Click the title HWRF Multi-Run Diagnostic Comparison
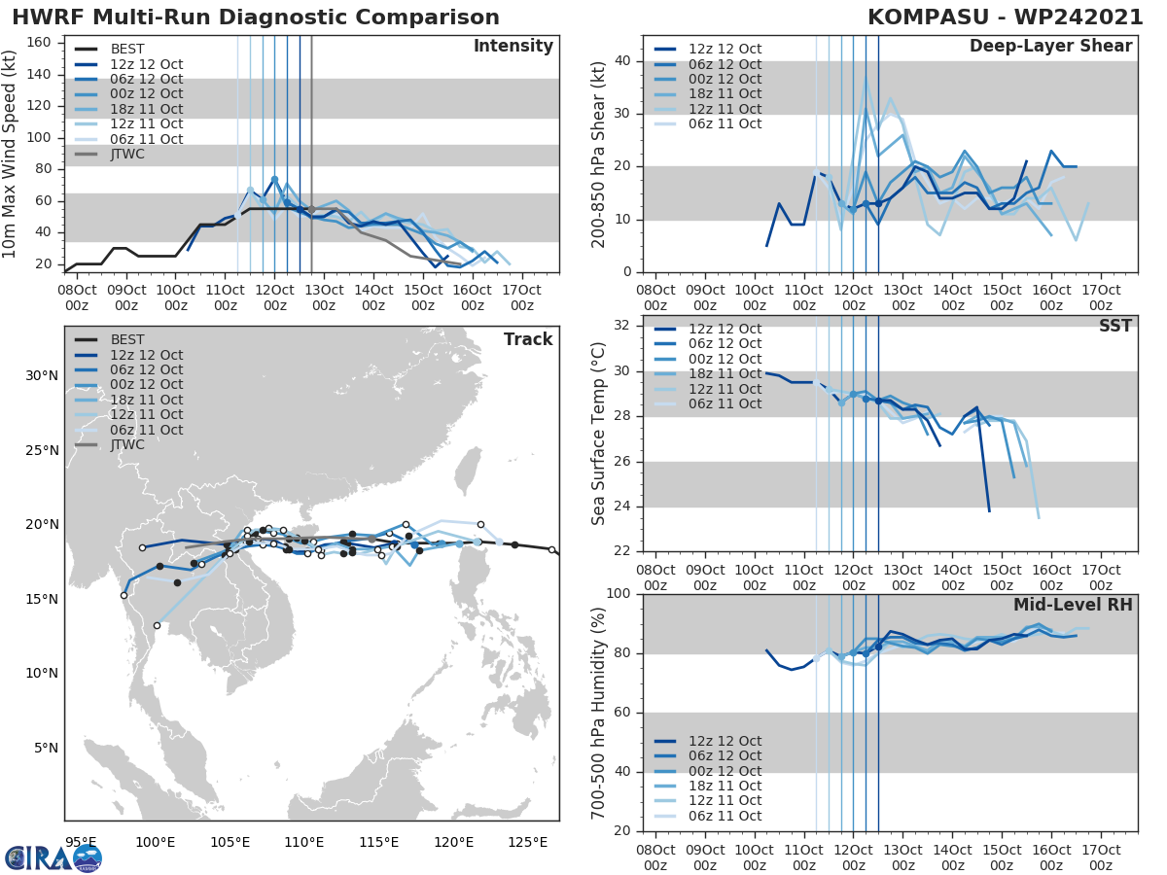click(x=256, y=17)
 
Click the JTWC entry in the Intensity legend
click(x=126, y=154)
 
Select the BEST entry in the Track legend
click(x=126, y=340)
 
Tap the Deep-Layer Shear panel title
click(x=1050, y=47)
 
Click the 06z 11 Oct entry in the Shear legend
click(x=725, y=123)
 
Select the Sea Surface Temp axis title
click(x=599, y=433)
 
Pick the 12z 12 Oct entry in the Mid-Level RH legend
click(x=725, y=741)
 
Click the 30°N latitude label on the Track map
click(x=42, y=376)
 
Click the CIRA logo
click(x=53, y=857)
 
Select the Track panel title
click(x=527, y=339)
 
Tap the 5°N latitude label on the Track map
click(x=46, y=748)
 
